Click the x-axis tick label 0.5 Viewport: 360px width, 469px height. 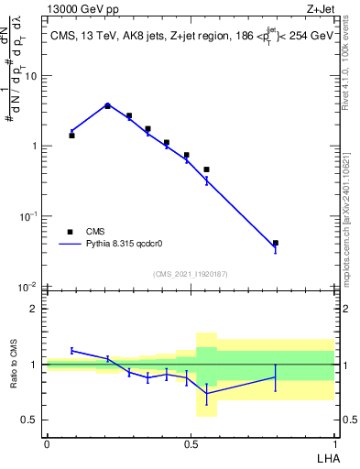coord(190,444)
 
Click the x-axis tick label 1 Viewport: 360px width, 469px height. coord(333,444)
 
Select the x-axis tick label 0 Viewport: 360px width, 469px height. coord(47,444)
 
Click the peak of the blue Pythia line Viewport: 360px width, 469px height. coord(107,104)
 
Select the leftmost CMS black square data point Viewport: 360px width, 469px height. coord(71,135)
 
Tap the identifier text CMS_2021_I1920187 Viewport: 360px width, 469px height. coord(191,274)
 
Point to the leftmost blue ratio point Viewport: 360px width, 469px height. coord(71,350)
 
